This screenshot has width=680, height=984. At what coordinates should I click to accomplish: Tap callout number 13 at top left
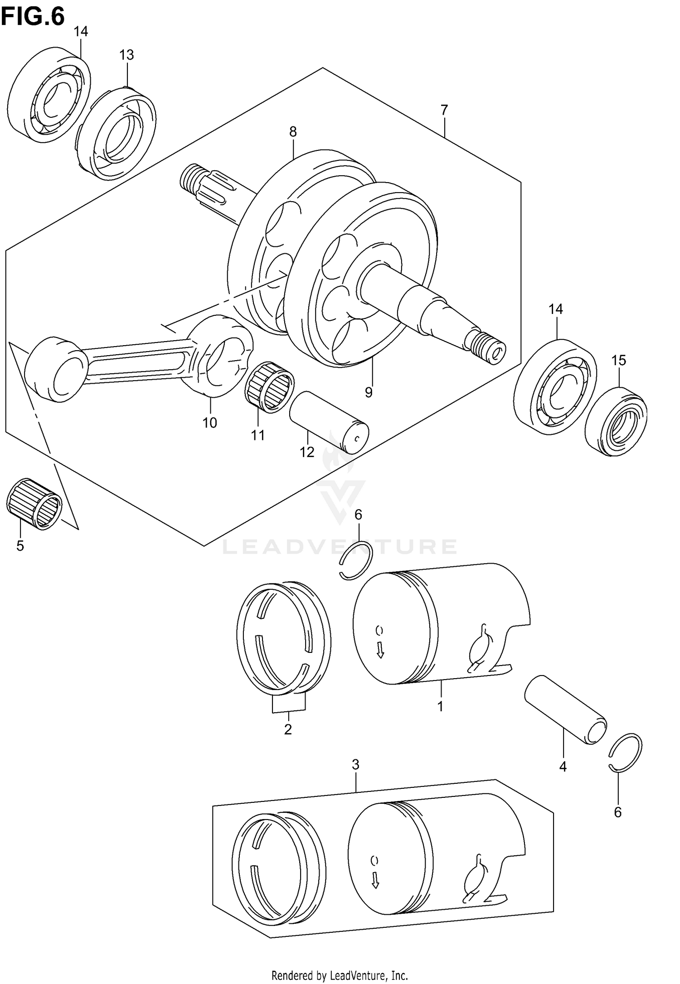[126, 55]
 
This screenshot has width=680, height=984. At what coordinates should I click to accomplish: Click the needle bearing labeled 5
[34, 503]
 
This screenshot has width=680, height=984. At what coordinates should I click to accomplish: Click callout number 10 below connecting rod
[209, 423]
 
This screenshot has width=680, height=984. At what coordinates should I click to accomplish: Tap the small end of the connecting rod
[57, 369]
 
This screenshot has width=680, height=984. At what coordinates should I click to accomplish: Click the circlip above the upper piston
[356, 560]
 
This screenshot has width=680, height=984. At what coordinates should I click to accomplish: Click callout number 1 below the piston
[440, 706]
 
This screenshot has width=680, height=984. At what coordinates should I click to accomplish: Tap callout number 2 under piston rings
[288, 729]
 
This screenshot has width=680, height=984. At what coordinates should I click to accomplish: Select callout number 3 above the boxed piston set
[355, 765]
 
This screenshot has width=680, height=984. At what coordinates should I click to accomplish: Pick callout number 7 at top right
[444, 110]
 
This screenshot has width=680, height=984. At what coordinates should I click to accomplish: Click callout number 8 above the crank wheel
[293, 132]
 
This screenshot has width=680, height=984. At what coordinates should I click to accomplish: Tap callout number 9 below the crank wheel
[369, 392]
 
